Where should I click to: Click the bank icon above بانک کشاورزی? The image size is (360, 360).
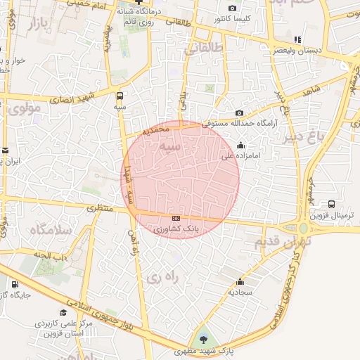tap(175, 219)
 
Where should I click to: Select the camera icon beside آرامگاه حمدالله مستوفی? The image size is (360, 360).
tap(240, 113)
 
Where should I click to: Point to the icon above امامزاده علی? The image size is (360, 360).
tap(241, 146)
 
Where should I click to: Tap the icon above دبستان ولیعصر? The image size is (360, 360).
tap(298, 39)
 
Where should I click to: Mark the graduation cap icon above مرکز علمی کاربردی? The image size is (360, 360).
tap(63, 313)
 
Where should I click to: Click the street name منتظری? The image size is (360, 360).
tap(100, 208)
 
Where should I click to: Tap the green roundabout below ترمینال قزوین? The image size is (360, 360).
tap(303, 229)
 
